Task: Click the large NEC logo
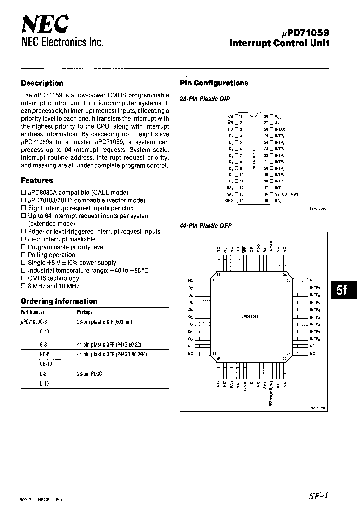click(x=45, y=23)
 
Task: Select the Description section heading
click(x=42, y=83)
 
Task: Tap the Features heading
click(x=37, y=181)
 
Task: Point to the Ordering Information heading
click(x=59, y=301)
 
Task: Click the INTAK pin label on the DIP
click(x=280, y=129)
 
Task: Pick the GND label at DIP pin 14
click(x=229, y=201)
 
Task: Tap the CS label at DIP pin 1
click(x=230, y=116)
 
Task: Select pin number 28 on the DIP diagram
click(x=266, y=116)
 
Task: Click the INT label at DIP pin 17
click(x=278, y=188)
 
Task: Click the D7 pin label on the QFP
click(x=190, y=288)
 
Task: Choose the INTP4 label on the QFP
click(x=314, y=310)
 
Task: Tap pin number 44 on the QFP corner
click(x=217, y=274)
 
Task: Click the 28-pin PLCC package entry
click(x=89, y=374)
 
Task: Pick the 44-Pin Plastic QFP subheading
click(x=206, y=226)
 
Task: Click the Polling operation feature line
click(x=51, y=255)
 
